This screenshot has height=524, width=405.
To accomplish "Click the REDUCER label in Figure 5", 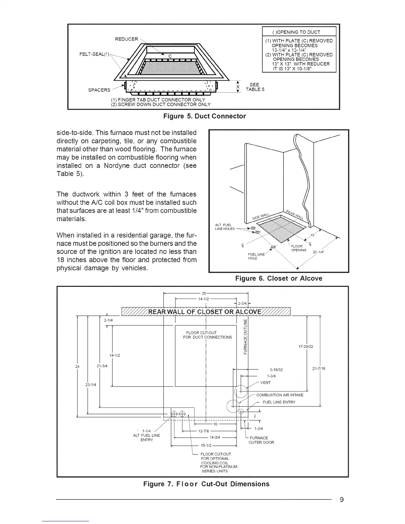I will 126,39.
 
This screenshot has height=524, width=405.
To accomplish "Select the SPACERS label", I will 99,90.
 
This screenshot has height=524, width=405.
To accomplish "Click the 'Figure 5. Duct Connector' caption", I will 205,116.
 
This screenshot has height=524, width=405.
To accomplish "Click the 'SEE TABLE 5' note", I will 255,87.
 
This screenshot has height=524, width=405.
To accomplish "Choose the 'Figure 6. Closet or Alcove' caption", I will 279,279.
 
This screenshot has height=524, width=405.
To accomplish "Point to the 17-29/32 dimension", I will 305,347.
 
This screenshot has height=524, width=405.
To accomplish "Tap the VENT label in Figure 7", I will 265,383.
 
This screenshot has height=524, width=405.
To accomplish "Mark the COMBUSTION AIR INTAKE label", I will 280,395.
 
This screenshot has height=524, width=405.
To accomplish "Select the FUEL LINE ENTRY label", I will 279,402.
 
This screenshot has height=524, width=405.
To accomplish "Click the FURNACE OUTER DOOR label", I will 261,440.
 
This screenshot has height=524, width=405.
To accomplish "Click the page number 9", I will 342,500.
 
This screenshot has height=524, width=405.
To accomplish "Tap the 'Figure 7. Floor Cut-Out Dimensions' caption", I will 206,484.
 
